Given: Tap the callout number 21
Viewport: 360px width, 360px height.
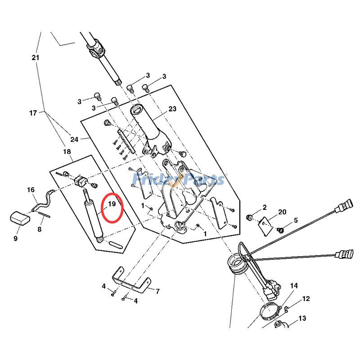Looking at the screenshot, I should tap(36, 58).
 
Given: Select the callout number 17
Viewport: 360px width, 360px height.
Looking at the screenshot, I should tap(33, 113).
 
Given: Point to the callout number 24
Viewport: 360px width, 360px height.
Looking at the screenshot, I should tap(74, 139).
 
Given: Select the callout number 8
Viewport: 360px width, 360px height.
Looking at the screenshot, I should tap(39, 229).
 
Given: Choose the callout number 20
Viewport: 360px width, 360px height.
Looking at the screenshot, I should tap(282, 212).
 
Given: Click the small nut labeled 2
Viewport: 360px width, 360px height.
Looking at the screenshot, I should tap(248, 218).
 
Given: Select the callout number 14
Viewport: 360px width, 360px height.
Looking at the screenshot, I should tap(294, 285).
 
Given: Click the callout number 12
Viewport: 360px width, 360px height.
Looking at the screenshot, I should tap(306, 298).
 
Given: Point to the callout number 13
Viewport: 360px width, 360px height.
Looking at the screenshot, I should tap(302, 318).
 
